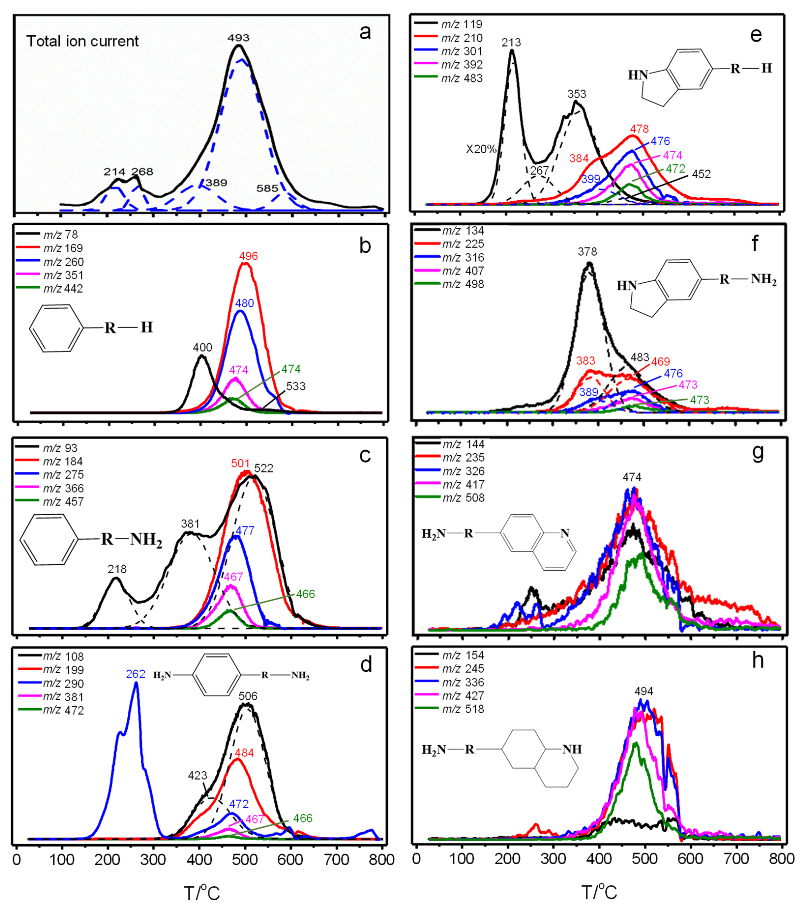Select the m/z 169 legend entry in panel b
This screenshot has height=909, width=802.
coord(63,248)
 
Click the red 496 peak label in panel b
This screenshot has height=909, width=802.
coord(248,256)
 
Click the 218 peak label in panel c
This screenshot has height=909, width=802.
coord(117,569)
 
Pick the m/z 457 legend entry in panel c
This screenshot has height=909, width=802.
coord(63,502)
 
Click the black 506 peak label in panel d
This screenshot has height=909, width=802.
coord(248,696)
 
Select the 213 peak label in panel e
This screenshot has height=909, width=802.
coord(511,43)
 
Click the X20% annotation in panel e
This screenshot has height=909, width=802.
coord(481,149)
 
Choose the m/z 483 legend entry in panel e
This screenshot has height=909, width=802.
coord(461,78)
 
